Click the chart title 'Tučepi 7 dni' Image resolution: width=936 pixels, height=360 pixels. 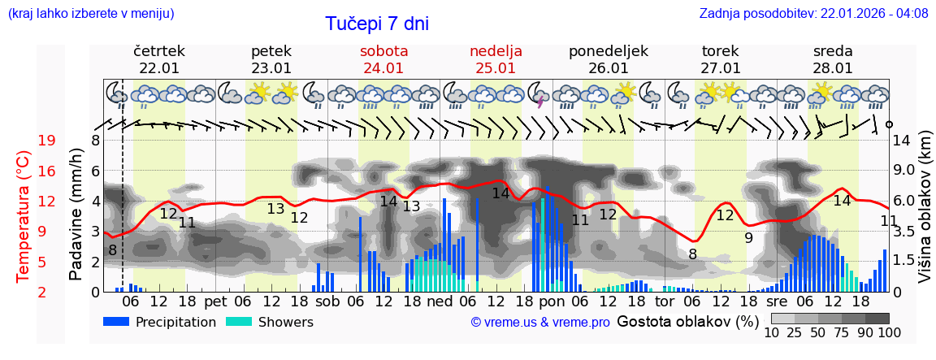pos(377,24)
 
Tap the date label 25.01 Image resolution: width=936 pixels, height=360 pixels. pos(496,68)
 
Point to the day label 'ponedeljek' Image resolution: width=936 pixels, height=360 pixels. pos(609,51)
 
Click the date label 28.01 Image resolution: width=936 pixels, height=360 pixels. pos(833,68)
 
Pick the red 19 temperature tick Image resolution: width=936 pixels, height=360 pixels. pos(46,141)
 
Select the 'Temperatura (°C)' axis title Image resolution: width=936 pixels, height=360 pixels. pos(23,216)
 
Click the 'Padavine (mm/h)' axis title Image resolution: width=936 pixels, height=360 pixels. pos(76,215)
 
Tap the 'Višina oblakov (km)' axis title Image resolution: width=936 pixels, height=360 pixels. pos(925,216)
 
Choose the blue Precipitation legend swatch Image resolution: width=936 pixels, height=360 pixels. pos(117,322)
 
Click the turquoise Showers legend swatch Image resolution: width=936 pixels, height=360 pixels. pos(239,322)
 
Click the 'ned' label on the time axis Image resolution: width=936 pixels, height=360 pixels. pos(440,301)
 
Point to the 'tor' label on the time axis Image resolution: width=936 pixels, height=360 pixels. pos(665,301)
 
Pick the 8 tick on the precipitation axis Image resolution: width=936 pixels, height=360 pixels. pos(95,141)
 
